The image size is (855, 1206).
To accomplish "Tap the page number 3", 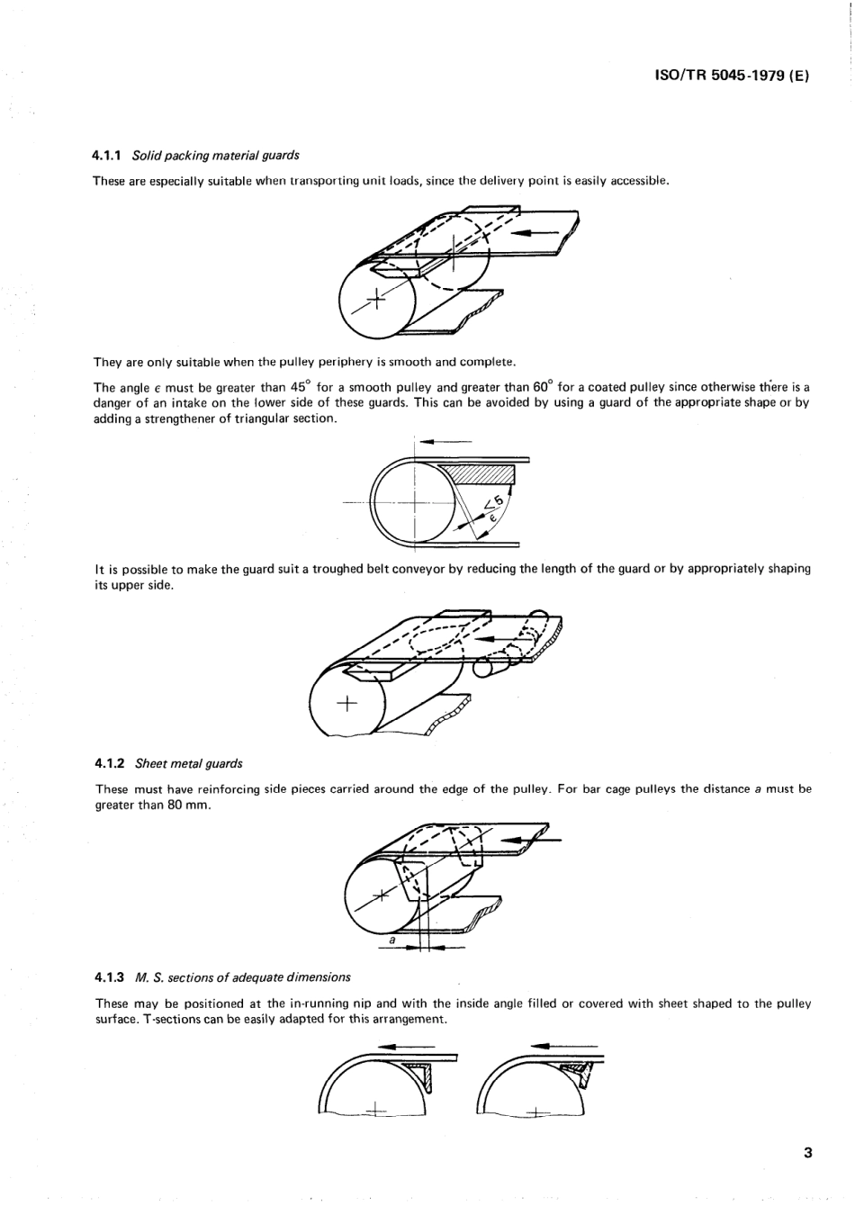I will [807, 1153].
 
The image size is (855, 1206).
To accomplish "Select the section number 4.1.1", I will [109, 156].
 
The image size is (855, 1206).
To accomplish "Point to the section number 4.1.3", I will [110, 976].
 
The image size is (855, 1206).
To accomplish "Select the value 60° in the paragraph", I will [541, 387].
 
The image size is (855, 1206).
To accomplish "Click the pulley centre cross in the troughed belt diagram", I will [346, 703].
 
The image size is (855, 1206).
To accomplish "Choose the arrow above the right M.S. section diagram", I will [555, 1046].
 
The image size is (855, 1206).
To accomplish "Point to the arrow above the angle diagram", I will [445, 441].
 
